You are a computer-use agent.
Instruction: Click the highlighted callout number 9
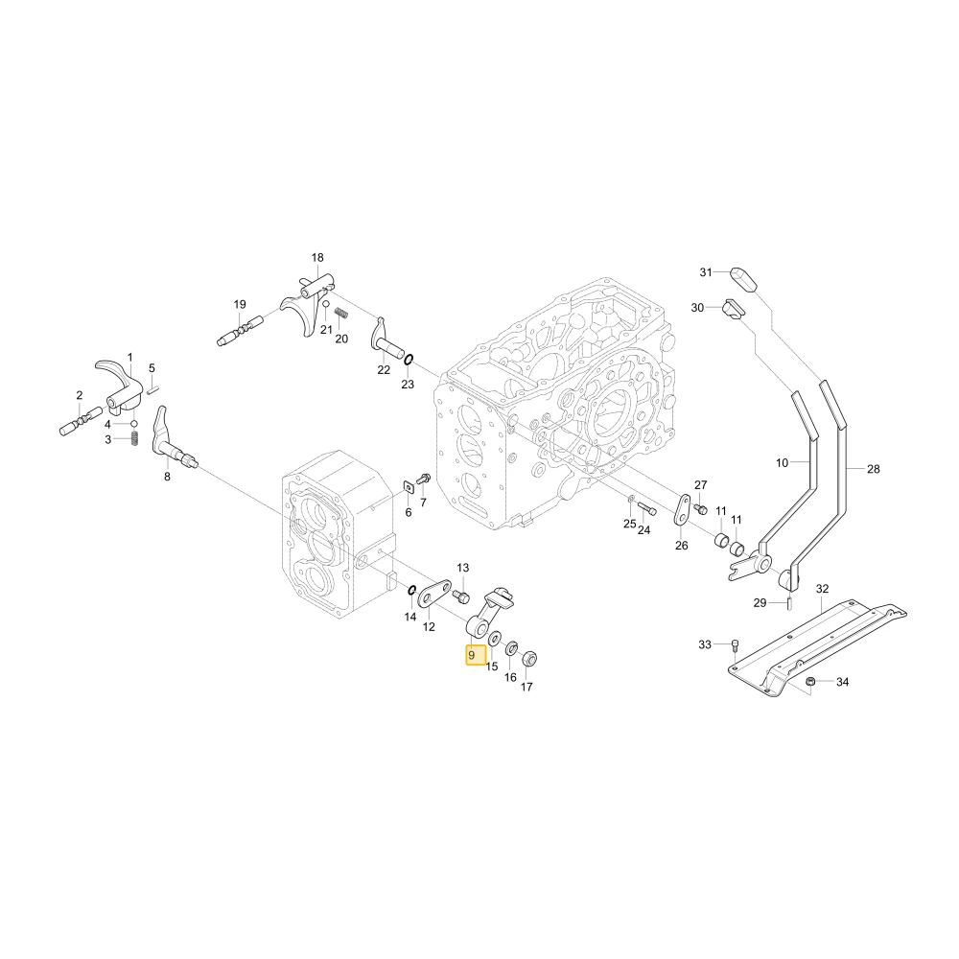point(472,655)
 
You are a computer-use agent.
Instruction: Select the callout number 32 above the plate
point(823,589)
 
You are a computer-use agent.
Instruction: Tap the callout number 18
point(317,257)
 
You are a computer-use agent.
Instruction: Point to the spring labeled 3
point(134,438)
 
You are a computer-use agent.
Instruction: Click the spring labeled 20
point(342,314)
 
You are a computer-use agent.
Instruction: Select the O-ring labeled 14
point(412,590)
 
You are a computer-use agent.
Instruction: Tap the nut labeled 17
point(529,660)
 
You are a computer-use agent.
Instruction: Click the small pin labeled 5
point(152,387)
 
